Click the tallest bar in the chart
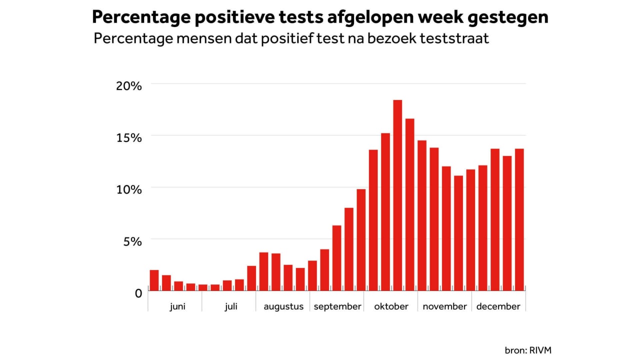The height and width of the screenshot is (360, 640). (397, 195)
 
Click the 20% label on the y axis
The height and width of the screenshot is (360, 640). (129, 85)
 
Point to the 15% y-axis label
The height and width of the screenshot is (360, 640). (129, 137)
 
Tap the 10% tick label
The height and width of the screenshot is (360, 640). (129, 189)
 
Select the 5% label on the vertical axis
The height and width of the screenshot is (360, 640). (132, 241)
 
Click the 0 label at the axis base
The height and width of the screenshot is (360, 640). (138, 293)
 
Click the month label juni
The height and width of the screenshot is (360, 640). (177, 306)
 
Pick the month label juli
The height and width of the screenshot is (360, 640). (231, 306)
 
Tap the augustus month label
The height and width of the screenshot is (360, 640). (283, 306)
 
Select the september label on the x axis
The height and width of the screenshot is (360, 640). (337, 306)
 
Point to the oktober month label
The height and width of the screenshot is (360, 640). (391, 306)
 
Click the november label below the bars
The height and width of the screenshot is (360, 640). (445, 306)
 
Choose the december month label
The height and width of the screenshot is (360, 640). (498, 306)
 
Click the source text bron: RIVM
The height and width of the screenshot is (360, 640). (528, 350)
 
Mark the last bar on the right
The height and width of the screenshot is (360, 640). (519, 220)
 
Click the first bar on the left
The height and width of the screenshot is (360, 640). (154, 280)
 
